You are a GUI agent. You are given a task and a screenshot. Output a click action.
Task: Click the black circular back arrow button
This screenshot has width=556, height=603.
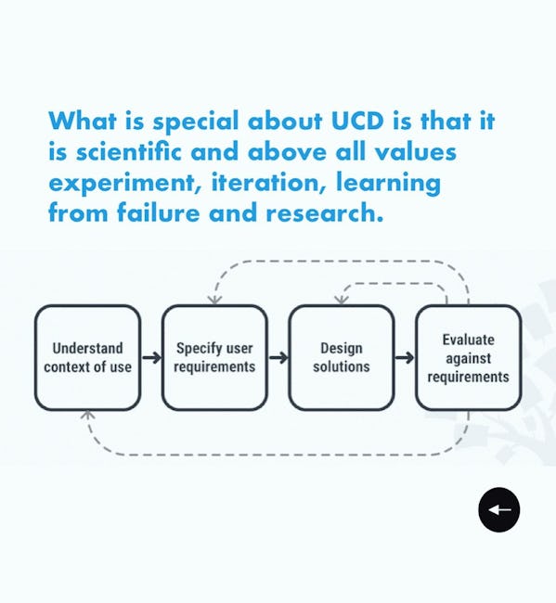[x=499, y=510]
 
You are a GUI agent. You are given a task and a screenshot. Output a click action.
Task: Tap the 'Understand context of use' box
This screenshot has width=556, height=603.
[x=88, y=358]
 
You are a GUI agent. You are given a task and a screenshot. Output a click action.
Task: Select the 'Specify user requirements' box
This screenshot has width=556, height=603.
[x=214, y=358]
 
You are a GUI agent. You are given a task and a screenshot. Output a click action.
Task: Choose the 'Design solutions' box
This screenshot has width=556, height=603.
[x=342, y=358]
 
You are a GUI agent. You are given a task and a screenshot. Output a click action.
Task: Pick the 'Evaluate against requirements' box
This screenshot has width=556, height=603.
[x=469, y=358]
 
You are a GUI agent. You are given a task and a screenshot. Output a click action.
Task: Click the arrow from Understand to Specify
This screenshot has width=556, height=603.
[x=151, y=358]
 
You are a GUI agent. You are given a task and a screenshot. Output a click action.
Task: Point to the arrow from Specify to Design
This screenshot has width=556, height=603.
[x=278, y=358]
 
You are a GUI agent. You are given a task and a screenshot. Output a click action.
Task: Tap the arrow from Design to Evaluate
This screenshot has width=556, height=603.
[x=405, y=358]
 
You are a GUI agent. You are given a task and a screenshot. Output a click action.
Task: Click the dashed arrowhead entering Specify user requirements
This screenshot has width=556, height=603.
[x=214, y=300]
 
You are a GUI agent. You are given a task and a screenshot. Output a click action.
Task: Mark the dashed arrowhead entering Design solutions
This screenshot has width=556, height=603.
[x=342, y=300]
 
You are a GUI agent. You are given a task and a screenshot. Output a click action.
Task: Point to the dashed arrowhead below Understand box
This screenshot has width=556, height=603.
[x=88, y=415]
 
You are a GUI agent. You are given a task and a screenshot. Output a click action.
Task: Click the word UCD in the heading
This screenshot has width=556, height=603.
[x=357, y=121]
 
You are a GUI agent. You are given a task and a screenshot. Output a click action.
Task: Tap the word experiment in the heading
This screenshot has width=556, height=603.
[x=125, y=184]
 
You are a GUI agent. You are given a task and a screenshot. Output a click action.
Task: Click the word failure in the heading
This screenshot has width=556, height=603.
[x=159, y=212]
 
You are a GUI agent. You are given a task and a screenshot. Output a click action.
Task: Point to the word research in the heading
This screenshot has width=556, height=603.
[x=325, y=212]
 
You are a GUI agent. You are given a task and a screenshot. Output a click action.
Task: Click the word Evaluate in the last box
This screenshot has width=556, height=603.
[x=468, y=340]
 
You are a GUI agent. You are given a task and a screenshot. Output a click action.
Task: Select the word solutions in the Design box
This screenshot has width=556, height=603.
[x=342, y=366]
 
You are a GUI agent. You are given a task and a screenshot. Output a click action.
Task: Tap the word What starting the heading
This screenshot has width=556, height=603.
[x=83, y=121]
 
